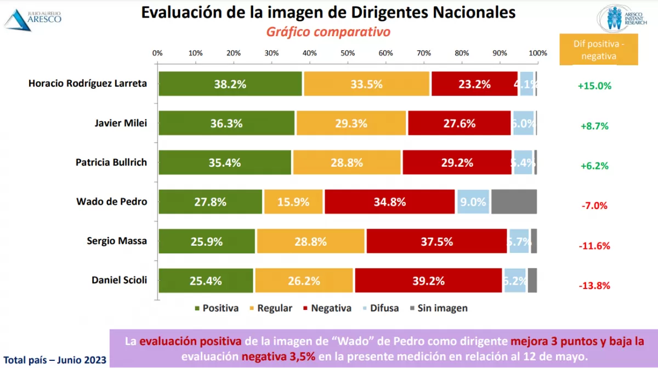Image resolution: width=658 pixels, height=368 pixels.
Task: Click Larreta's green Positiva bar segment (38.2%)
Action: (x=230, y=84)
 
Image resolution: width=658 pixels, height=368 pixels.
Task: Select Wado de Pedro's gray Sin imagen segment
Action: (x=514, y=202)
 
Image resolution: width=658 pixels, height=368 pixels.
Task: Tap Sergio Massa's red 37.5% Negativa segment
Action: (x=436, y=241)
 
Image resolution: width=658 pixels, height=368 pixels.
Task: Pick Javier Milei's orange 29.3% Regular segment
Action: (x=351, y=123)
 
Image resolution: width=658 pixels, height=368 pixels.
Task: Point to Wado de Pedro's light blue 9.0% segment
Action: (x=473, y=202)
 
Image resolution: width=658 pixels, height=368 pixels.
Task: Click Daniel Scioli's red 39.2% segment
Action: (x=428, y=281)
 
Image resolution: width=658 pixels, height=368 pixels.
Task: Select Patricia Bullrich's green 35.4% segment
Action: (x=225, y=163)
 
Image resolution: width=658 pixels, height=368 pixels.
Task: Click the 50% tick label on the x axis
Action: (x=347, y=53)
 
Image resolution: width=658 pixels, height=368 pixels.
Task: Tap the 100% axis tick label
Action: (x=538, y=53)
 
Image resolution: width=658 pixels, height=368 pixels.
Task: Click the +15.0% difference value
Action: (x=594, y=86)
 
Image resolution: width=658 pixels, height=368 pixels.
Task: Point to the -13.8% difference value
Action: (x=594, y=286)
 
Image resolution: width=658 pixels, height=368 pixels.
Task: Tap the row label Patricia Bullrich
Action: (x=111, y=162)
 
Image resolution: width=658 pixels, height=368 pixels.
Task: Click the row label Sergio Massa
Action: (x=117, y=241)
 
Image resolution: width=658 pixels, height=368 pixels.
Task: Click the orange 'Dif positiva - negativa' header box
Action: (x=599, y=50)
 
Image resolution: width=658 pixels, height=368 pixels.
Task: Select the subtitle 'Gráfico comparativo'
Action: (x=328, y=32)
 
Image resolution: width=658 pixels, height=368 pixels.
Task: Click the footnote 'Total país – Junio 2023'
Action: (x=53, y=360)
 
